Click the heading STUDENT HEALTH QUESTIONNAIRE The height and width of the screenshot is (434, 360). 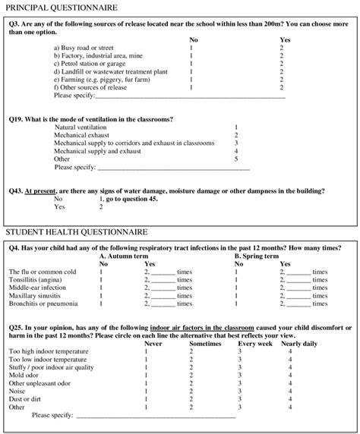(x=77, y=231)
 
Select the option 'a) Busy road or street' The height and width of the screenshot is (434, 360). (x=84, y=47)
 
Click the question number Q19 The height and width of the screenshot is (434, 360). (x=16, y=119)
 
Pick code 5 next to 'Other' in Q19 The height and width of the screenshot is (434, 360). (x=236, y=159)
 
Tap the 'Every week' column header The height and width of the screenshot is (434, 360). (x=243, y=343)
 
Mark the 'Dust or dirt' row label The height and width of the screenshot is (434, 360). (x=27, y=399)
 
